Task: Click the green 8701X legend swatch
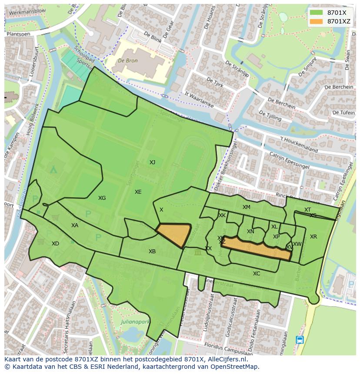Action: pyautogui.click(x=316, y=13)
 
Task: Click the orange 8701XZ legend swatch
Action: pyautogui.click(x=316, y=21)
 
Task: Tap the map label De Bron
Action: pyautogui.click(x=127, y=61)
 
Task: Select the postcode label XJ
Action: pyautogui.click(x=152, y=162)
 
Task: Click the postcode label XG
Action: pyautogui.click(x=102, y=198)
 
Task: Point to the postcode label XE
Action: pyautogui.click(x=138, y=192)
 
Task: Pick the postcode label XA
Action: pyautogui.click(x=75, y=225)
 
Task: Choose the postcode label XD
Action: pyautogui.click(x=55, y=244)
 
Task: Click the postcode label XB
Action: pyautogui.click(x=152, y=252)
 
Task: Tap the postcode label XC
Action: pyautogui.click(x=257, y=274)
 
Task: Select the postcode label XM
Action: pyautogui.click(x=247, y=207)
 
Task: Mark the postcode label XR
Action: pyautogui.click(x=313, y=237)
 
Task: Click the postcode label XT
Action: pyautogui.click(x=307, y=210)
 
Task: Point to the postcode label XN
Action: pyautogui.click(x=250, y=232)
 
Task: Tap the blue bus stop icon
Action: pyautogui.click(x=299, y=340)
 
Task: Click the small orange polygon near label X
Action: pyautogui.click(x=175, y=235)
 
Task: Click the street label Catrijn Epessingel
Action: pyautogui.click(x=289, y=161)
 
